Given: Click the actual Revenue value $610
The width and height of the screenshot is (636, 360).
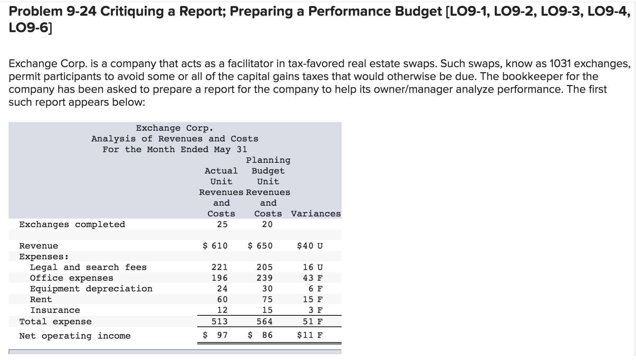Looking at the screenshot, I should (215, 246).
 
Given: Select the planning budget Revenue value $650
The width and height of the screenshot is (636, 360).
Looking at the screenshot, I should (260, 246).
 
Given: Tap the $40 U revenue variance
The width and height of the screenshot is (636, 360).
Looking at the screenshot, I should (310, 246).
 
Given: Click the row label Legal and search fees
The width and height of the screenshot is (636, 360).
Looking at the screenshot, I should (88, 267).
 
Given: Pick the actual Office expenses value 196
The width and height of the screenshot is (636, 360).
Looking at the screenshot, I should (219, 278).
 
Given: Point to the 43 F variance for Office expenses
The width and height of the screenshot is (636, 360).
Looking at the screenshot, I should (313, 278).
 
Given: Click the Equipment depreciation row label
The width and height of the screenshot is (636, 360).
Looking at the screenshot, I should (91, 289).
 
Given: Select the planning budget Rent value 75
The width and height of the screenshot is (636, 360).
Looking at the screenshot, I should (267, 299).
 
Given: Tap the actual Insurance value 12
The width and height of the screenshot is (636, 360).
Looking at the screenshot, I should (222, 310).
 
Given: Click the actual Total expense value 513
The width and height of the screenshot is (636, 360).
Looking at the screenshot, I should (219, 321).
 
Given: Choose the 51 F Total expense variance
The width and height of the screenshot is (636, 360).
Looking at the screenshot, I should (313, 321).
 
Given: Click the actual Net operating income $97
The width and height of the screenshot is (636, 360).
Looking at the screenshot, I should (215, 335).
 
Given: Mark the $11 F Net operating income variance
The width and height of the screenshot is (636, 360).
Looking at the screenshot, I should (310, 335).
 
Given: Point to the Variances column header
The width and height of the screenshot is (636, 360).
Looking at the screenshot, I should (316, 214).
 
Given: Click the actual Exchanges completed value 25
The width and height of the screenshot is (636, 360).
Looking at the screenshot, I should (222, 224).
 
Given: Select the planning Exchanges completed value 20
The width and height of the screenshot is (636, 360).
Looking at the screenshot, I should (267, 224).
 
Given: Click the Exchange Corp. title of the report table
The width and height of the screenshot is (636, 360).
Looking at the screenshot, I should (175, 128).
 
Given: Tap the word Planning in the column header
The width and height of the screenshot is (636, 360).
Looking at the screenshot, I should (268, 160).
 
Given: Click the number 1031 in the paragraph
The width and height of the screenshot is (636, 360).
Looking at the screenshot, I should (560, 64).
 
